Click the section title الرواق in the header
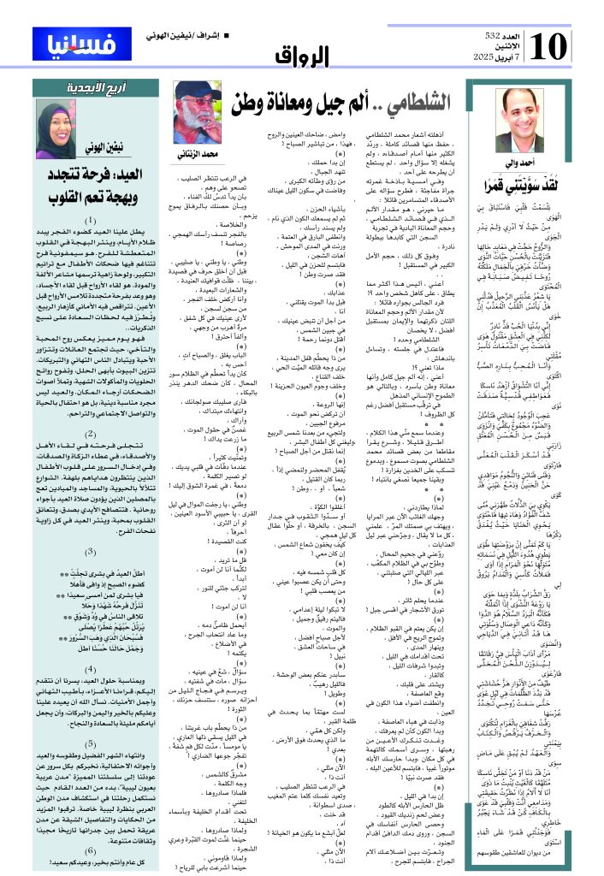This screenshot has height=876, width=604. point(303,56)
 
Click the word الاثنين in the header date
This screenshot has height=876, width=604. point(496,45)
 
